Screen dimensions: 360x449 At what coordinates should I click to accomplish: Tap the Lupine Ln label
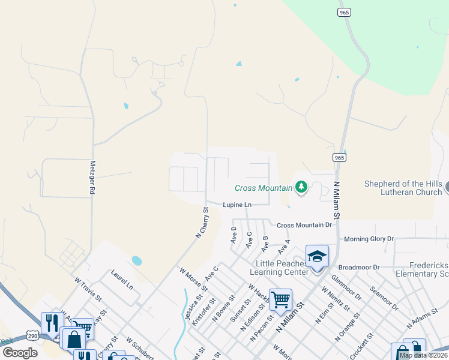click(237, 205)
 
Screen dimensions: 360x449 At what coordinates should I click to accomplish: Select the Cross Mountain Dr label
click(304, 225)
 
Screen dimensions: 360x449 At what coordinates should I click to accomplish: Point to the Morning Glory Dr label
click(368, 239)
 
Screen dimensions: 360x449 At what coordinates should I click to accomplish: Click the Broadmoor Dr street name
click(359, 267)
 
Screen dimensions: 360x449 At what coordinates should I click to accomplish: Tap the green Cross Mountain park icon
click(301, 188)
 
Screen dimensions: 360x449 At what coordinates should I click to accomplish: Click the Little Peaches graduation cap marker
click(317, 257)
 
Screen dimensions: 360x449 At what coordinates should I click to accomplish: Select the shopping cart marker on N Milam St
click(280, 300)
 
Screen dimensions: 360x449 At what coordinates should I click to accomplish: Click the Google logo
click(20, 352)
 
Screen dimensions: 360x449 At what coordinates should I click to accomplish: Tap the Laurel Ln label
click(122, 279)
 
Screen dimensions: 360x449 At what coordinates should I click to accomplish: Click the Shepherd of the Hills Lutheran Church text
click(403, 188)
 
